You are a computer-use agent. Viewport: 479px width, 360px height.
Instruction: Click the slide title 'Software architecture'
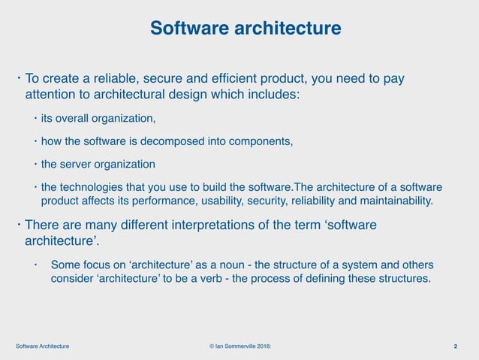(x=246, y=29)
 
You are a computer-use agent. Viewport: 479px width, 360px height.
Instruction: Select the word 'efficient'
(x=248, y=79)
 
